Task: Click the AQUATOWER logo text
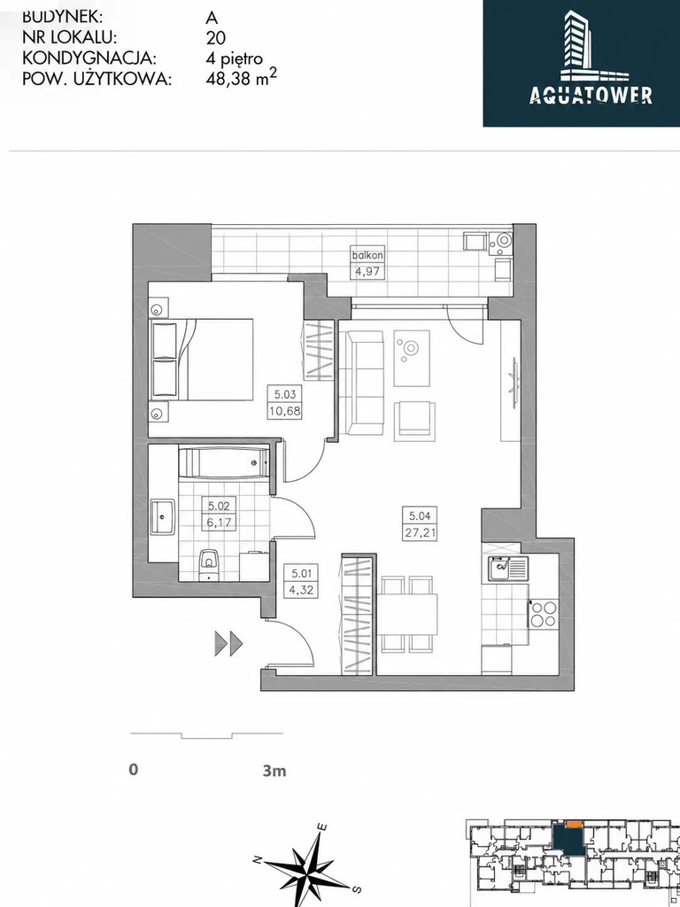(x=591, y=95)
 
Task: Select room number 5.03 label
(x=285, y=395)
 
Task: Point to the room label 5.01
(x=303, y=574)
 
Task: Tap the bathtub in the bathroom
(x=223, y=462)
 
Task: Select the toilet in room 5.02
(x=207, y=564)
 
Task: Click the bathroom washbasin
(x=163, y=517)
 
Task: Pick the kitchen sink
(x=508, y=568)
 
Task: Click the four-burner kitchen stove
(x=544, y=615)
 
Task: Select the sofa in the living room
(x=361, y=382)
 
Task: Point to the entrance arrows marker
(x=228, y=643)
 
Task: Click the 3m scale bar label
(x=274, y=771)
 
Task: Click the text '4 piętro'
(x=234, y=58)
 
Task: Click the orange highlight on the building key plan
(x=574, y=823)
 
